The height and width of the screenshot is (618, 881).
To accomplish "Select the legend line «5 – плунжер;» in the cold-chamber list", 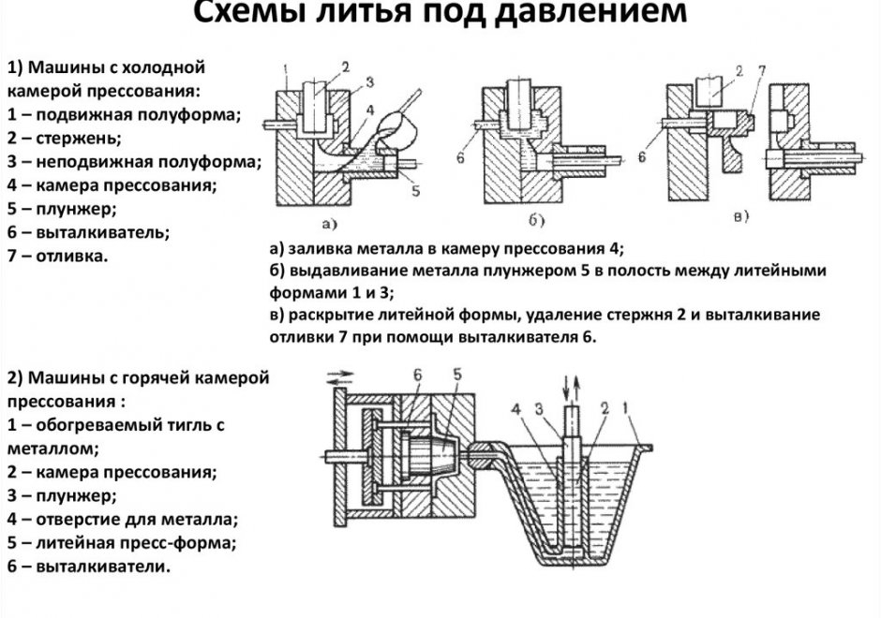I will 61,208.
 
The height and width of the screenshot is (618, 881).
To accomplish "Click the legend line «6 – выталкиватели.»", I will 89,566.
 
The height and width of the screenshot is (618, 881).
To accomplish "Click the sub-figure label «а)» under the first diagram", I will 329,223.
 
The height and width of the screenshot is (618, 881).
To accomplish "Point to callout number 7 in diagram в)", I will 763,71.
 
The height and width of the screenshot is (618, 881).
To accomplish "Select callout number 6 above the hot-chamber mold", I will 418,375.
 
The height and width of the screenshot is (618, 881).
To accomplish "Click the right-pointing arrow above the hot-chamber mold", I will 342,373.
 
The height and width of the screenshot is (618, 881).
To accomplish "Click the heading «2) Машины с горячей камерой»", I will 138,378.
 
